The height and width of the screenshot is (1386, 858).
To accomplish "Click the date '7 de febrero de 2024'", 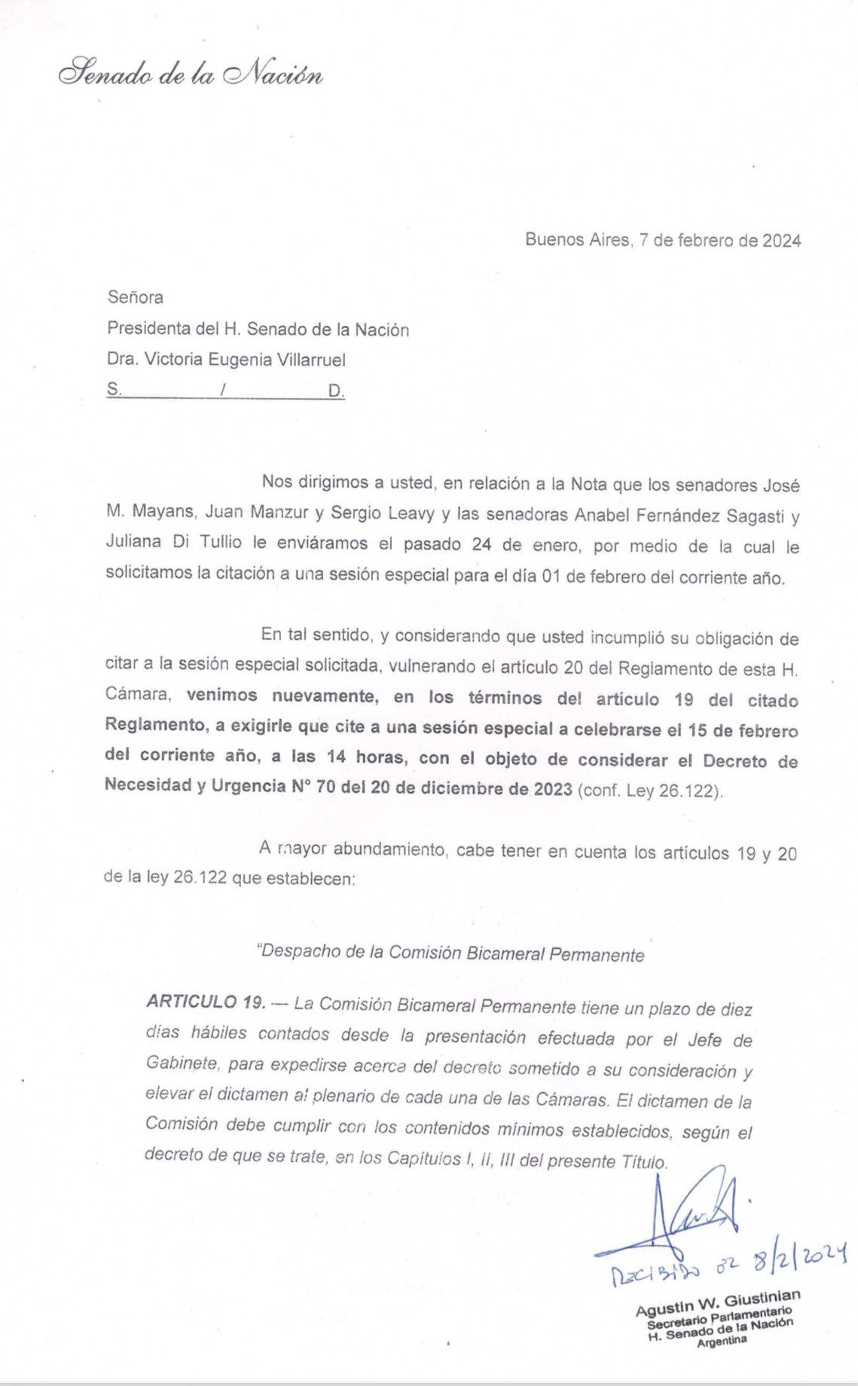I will (719, 240).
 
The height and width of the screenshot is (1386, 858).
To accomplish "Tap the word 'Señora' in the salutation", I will (135, 297).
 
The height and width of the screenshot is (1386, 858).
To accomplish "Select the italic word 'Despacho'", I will (298, 952).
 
